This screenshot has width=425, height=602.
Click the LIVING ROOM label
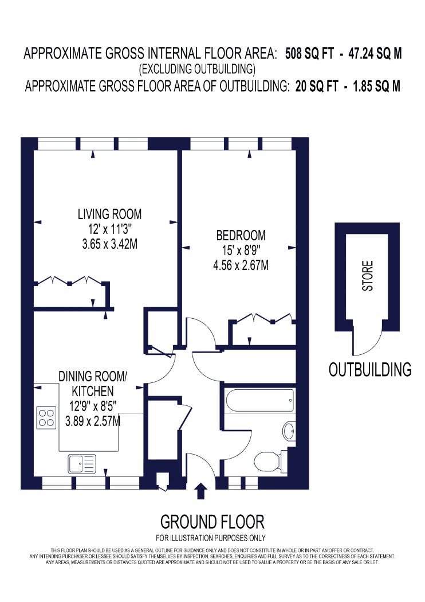point(110,214)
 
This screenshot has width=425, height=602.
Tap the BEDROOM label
point(241,235)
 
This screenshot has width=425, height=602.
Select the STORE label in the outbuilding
point(368,276)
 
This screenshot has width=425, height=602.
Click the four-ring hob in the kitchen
point(46,418)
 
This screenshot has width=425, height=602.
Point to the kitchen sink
point(82,464)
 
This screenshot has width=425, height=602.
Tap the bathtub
point(260,401)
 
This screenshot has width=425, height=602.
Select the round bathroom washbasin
point(289,431)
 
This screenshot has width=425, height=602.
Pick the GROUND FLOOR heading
point(212,522)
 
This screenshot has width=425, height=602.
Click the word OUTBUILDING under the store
point(370,369)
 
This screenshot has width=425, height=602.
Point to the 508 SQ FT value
point(309,54)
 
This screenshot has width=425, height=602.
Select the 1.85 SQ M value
point(376,86)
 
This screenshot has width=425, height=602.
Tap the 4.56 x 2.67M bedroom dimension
point(241,265)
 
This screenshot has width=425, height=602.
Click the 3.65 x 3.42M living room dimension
point(110,244)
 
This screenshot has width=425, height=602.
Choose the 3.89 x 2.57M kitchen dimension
point(93,421)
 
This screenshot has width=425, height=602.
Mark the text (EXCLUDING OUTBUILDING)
point(197,69)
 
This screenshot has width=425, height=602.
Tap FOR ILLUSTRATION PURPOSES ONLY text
point(211,538)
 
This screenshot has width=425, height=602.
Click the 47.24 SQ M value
point(375,54)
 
